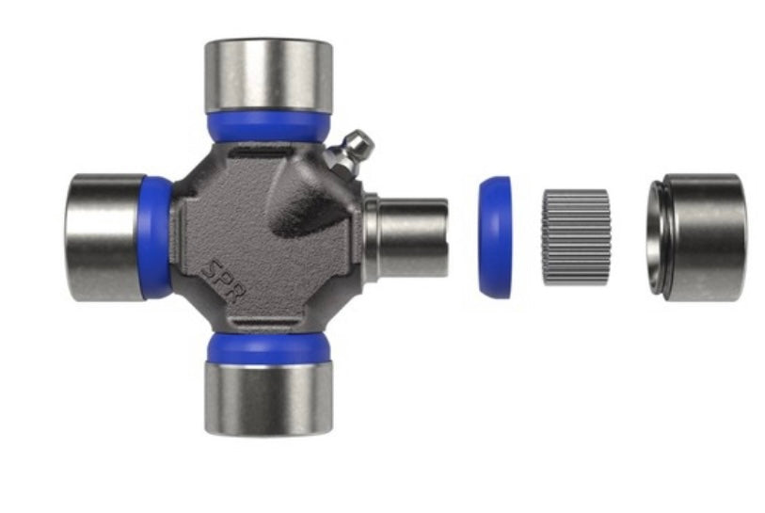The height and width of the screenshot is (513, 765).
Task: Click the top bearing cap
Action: (x=268, y=76)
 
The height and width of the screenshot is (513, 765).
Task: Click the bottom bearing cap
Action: (x=268, y=398)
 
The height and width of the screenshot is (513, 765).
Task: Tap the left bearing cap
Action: (x=104, y=236)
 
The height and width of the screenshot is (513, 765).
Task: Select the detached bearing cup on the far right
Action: (x=697, y=236)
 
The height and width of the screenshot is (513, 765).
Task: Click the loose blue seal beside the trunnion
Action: (x=495, y=237)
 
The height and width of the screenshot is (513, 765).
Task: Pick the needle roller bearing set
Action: (x=576, y=237)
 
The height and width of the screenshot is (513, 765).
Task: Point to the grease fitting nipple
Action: (x=350, y=152)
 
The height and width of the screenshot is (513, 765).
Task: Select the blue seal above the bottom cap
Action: (x=268, y=348)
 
